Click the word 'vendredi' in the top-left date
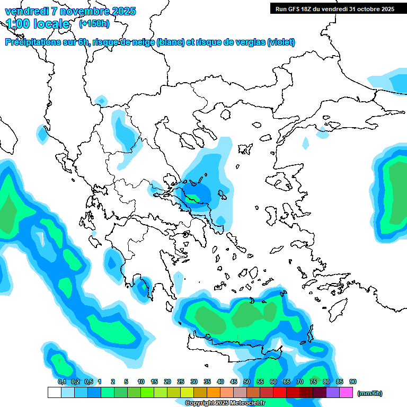pos(26,11)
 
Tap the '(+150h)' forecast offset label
pos(94,24)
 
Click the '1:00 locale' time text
pos(38,24)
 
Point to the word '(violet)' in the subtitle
pos(281,42)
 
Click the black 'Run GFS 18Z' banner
pos(334,8)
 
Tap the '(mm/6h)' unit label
pos(370,393)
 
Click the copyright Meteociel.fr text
pos(225,403)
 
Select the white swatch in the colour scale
pos(54,393)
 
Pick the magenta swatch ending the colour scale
pos(346,393)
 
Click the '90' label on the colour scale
pos(353,382)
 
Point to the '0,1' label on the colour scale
pos(61,382)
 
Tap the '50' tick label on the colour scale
pos(247,382)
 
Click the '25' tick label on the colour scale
pos(181,382)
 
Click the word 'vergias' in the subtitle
pos(249,42)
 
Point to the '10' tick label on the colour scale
pos(141,382)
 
